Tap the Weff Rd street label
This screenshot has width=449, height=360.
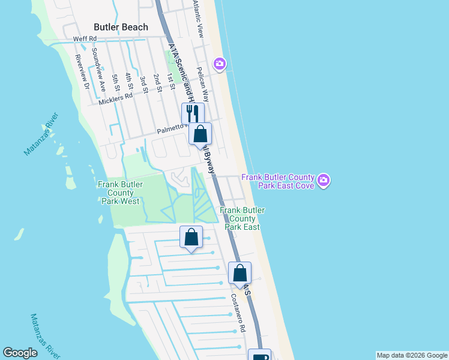pos(85,38)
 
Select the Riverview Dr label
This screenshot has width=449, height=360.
pos(81,73)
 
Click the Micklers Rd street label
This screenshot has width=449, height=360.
pos(115,98)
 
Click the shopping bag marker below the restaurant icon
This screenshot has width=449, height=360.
pos(200,134)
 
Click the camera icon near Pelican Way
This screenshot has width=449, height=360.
pos(220,63)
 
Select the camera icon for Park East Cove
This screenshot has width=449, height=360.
pos(324,180)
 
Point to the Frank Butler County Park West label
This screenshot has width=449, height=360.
pos(119,193)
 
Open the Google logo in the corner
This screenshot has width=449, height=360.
pos(20,353)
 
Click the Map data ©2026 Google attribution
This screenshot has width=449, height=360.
pos(412,355)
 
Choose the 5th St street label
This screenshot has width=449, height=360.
pos(115,83)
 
